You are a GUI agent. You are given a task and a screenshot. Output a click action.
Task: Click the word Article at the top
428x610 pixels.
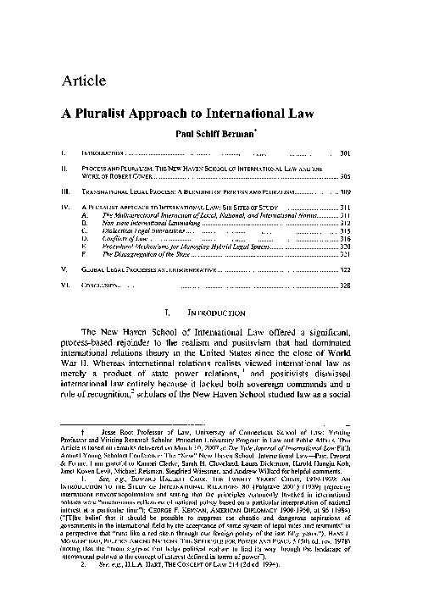pos(83,81)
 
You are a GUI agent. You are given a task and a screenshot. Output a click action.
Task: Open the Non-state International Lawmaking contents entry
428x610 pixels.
pos(143,223)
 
